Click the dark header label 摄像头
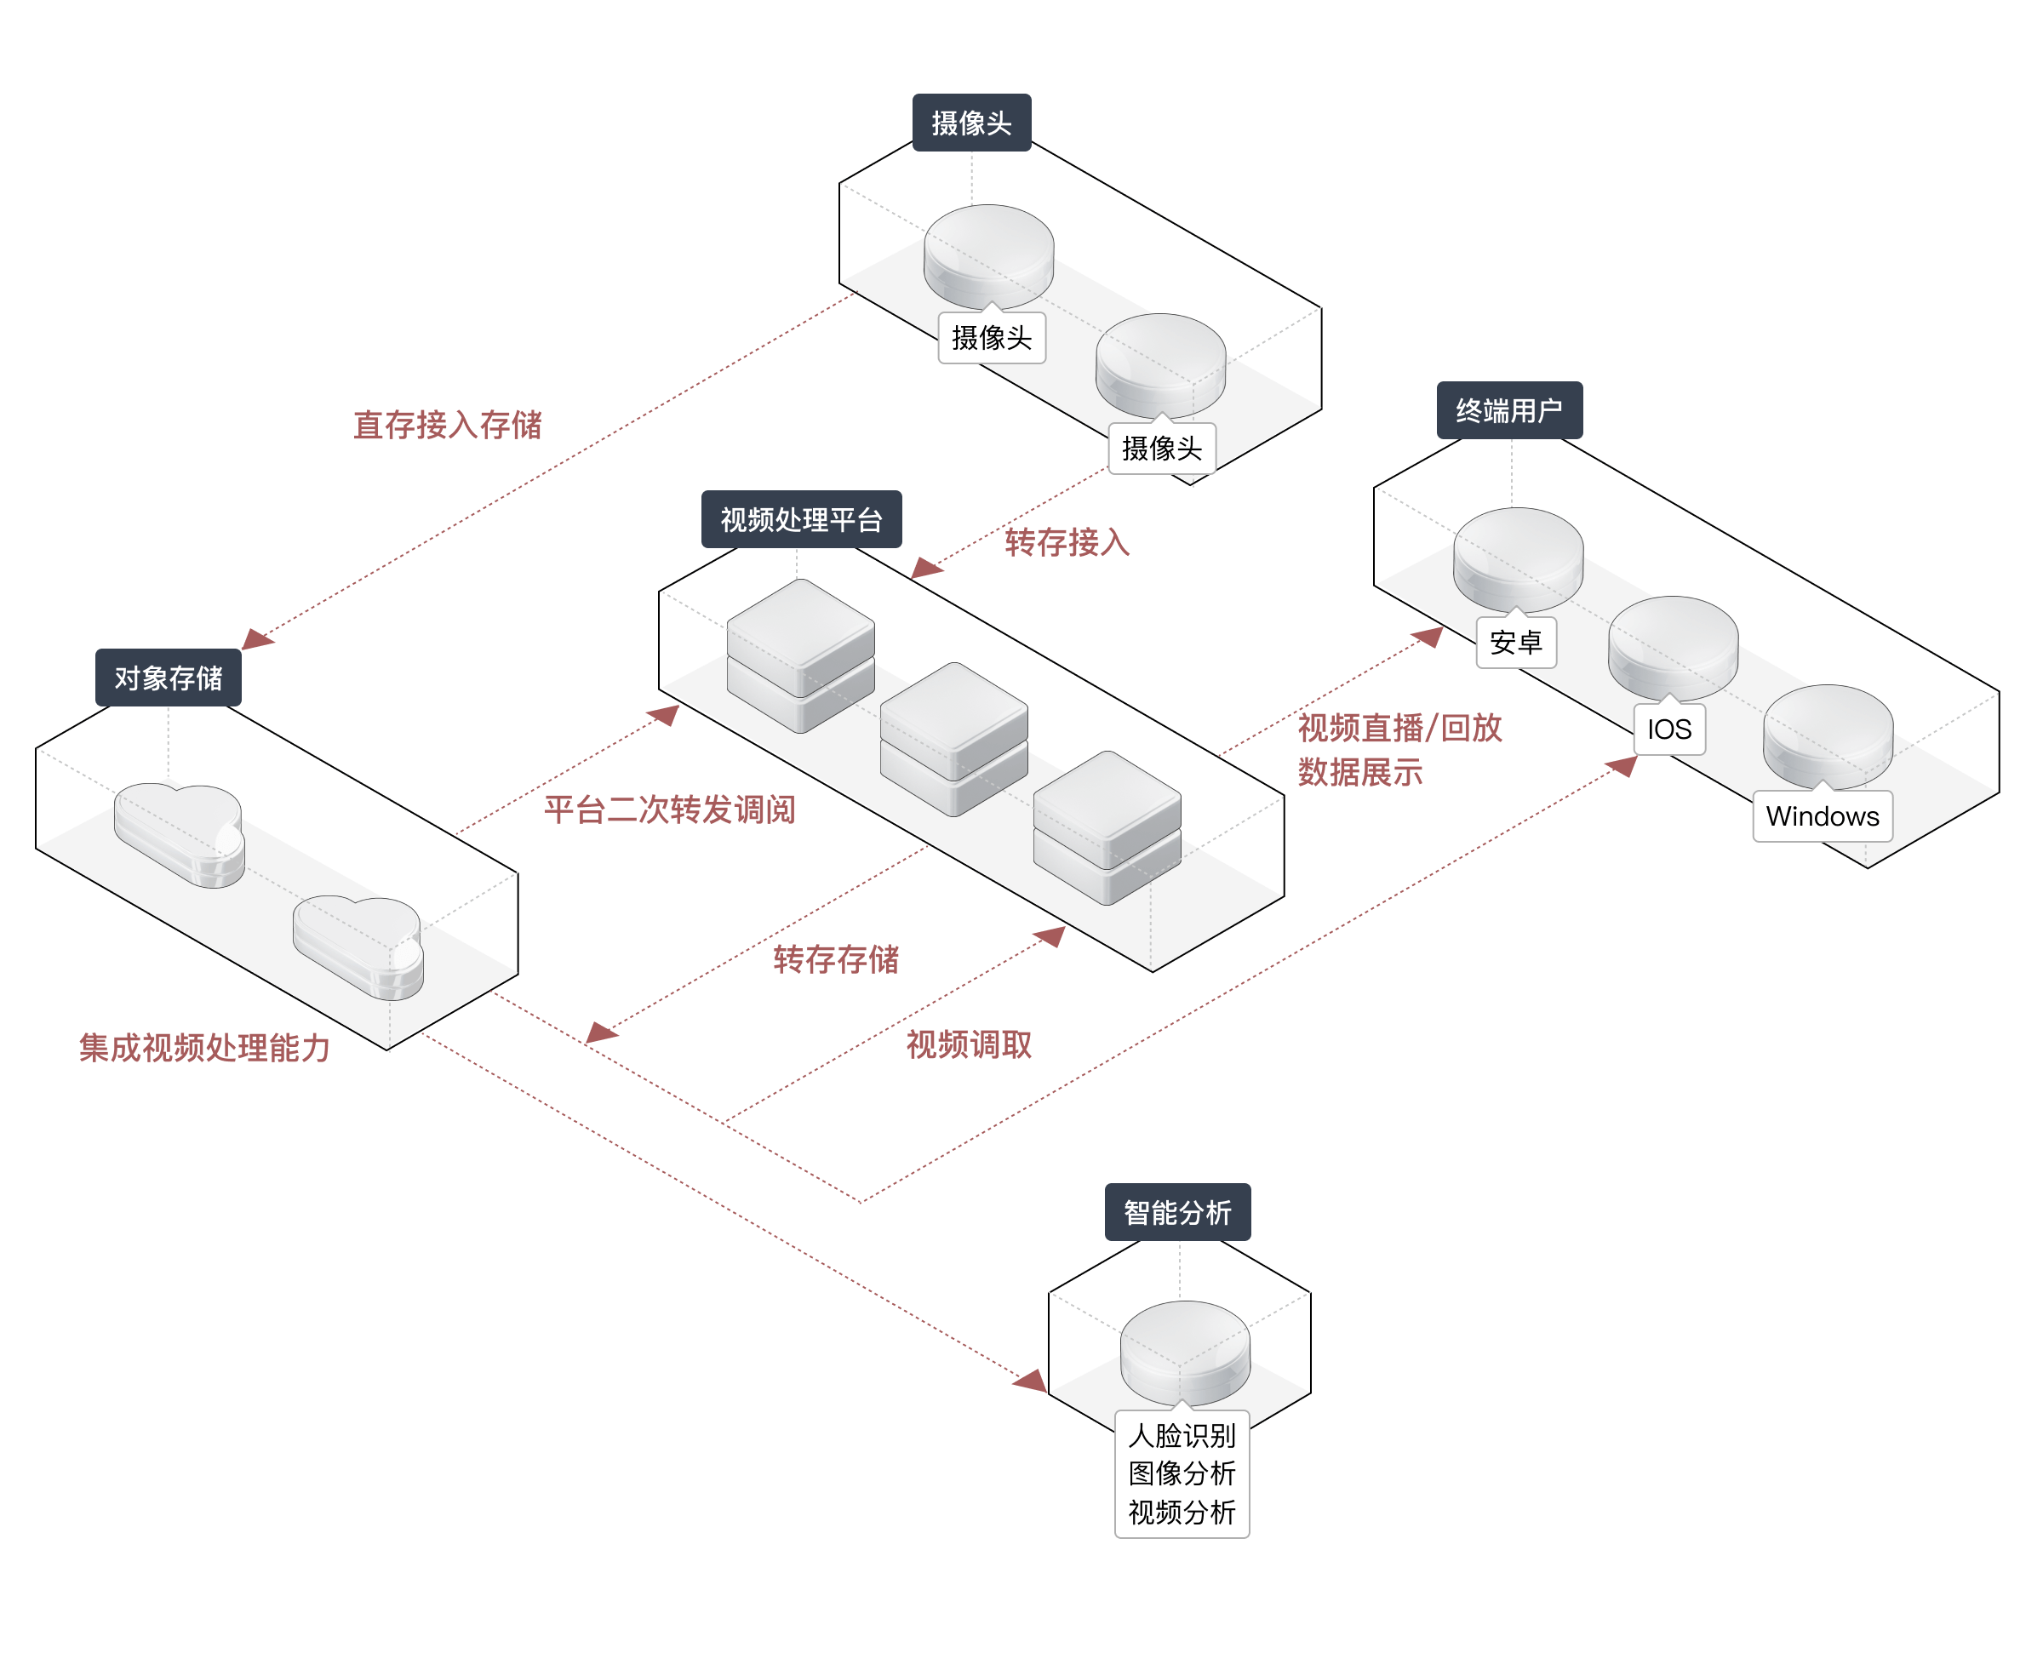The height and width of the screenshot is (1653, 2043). click(971, 123)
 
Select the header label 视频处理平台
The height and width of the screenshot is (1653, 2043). click(801, 520)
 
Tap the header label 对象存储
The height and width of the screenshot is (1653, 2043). click(168, 678)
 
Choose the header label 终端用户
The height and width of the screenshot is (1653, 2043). click(1509, 410)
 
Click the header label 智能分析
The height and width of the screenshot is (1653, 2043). click(1176, 1212)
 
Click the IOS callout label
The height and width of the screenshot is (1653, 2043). click(1668, 729)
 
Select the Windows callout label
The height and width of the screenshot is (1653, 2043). click(1823, 816)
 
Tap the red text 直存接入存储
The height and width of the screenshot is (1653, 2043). click(448, 425)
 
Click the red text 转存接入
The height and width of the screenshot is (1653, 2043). click(1067, 543)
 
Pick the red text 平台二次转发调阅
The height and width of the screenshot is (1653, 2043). click(669, 809)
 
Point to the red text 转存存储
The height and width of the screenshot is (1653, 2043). click(836, 958)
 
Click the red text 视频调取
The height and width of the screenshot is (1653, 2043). click(968, 1044)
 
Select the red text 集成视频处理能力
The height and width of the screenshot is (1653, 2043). click(204, 1048)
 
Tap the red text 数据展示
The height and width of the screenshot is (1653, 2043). click(1359, 772)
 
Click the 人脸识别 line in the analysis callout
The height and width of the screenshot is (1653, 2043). click(1182, 1435)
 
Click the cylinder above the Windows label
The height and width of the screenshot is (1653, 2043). click(1828, 733)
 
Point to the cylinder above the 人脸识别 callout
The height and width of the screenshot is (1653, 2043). click(1184, 1350)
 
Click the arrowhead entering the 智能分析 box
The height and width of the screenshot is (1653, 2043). click(1031, 1381)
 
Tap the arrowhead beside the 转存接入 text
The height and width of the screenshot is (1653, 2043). click(926, 569)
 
